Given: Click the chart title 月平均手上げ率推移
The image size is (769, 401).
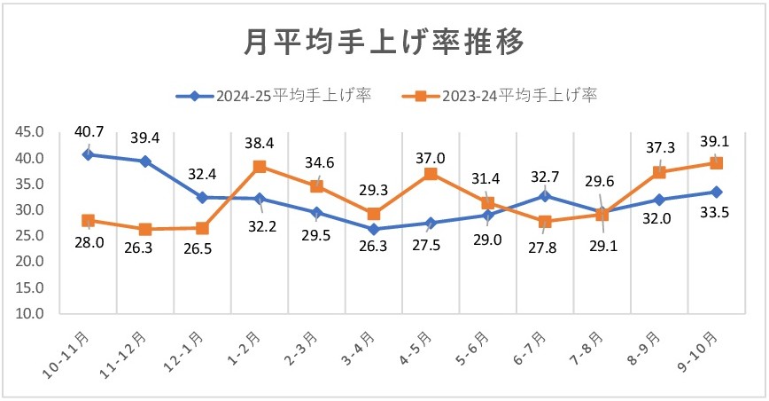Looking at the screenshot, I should pyautogui.click(x=384, y=41).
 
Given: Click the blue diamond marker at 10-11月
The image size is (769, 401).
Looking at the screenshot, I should pyautogui.click(x=89, y=154).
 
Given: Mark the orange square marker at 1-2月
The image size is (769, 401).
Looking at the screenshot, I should pyautogui.click(x=260, y=167).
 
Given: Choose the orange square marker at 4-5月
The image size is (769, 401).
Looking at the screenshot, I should pyautogui.click(x=431, y=174).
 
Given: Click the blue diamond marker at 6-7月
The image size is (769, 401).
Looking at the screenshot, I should pyautogui.click(x=545, y=195).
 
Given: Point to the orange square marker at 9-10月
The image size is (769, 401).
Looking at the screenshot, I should pyautogui.click(x=716, y=163).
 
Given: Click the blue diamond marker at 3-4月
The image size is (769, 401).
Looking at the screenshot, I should pyautogui.click(x=374, y=229).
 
